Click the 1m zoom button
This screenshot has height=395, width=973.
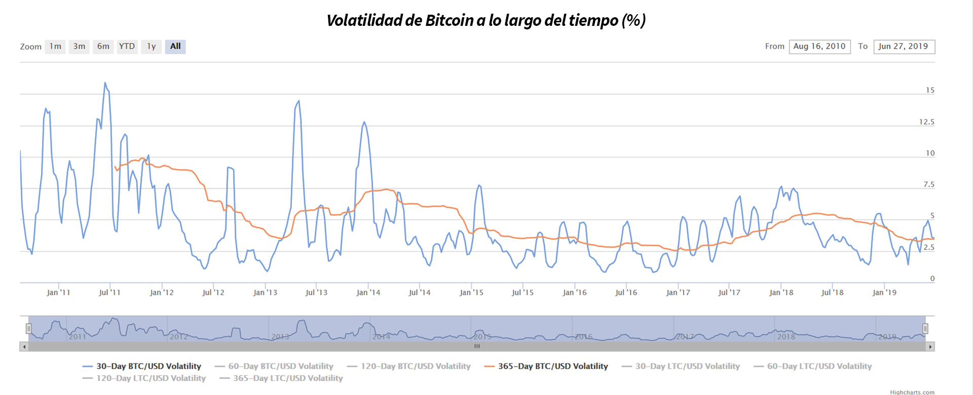click(x=55, y=47)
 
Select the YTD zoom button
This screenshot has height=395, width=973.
click(x=127, y=47)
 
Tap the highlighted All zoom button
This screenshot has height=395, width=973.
click(x=175, y=47)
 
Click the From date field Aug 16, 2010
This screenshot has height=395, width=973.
click(x=819, y=47)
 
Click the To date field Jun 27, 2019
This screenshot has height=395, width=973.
click(x=904, y=47)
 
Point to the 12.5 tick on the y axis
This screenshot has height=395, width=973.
click(x=926, y=122)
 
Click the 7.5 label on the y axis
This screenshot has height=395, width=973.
click(x=928, y=185)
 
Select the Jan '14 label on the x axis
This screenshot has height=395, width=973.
click(x=368, y=293)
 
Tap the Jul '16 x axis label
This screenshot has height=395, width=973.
click(x=626, y=293)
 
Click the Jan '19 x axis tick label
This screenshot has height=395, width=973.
click(x=884, y=293)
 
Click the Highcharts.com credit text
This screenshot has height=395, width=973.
click(x=912, y=392)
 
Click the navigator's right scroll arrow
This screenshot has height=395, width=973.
click(x=930, y=347)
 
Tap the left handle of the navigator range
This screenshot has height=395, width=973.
click(x=29, y=329)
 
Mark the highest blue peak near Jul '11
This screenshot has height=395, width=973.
click(x=105, y=83)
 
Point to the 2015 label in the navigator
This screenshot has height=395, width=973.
click(x=482, y=337)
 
